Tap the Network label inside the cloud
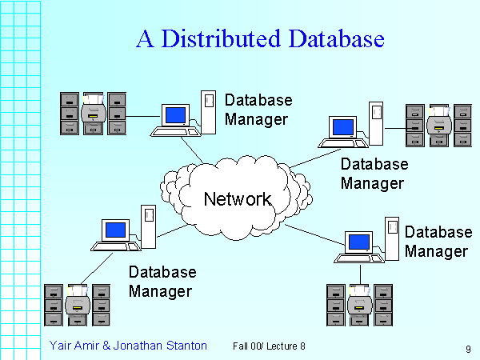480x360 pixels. pyautogui.click(x=238, y=198)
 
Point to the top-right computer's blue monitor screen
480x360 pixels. pyautogui.click(x=342, y=126)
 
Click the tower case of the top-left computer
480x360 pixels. pyautogui.click(x=208, y=109)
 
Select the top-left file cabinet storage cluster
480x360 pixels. pyautogui.click(x=94, y=114)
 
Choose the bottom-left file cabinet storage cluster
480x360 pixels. pyautogui.click(x=77, y=304)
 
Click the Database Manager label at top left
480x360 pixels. pyautogui.click(x=258, y=110)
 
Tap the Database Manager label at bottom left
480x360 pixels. pyautogui.click(x=162, y=282)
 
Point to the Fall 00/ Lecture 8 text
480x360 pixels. pyautogui.click(x=269, y=346)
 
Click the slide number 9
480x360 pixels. pyautogui.click(x=467, y=349)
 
